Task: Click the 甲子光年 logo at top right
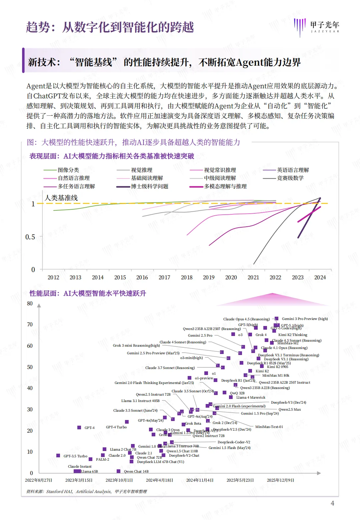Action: click(317, 26)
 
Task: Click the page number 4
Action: click(332, 503)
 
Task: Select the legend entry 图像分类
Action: click(68, 170)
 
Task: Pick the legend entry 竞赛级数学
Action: click(290, 178)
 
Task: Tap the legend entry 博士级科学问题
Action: click(150, 186)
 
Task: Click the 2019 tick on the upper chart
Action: click(209, 277)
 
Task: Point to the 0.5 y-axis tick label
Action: click(30, 237)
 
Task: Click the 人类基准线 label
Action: click(61, 198)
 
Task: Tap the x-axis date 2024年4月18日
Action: click(159, 480)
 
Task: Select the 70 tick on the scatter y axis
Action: click(30, 325)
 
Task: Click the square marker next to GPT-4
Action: click(79, 428)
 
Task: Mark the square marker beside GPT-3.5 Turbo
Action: click(58, 456)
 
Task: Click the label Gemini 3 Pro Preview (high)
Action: click(305, 319)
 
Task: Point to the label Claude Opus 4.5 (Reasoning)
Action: click(246, 319)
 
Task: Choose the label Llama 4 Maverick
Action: click(251, 397)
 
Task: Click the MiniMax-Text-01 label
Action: click(269, 427)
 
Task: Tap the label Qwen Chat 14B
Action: click(136, 471)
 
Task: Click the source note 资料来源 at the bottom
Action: click(86, 491)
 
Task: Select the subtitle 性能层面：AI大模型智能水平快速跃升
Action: click(88, 293)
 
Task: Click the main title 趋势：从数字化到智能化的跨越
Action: click(110, 27)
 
